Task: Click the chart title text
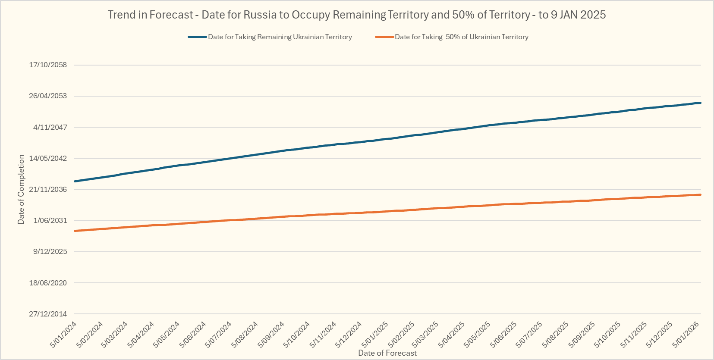coord(356,15)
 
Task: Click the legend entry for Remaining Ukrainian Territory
coord(280,37)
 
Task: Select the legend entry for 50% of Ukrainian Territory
coord(461,37)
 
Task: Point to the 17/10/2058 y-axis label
coord(48,65)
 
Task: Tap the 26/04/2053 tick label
coord(48,96)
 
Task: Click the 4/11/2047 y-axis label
coord(50,127)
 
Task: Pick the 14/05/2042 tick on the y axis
coord(48,158)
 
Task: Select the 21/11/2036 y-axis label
coord(48,189)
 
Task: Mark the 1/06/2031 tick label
coord(50,220)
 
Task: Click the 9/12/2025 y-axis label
coord(50,251)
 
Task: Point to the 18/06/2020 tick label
coord(48,283)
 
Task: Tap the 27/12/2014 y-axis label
coord(48,314)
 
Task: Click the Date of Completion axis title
coord(21,190)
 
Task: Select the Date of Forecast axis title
coord(387,353)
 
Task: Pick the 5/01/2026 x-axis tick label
coord(686,334)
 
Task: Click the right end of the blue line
coord(700,103)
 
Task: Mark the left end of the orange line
coord(75,231)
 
